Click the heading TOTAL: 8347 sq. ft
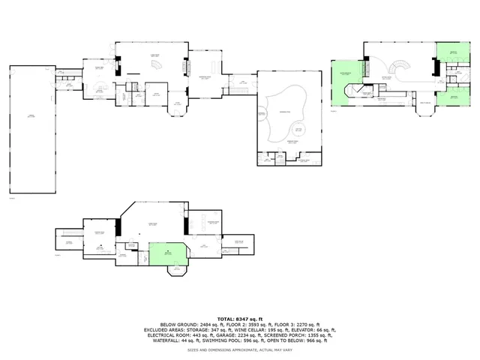(x=240, y=319)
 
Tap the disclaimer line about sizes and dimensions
(x=240, y=349)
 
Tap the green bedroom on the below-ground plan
(x=166, y=253)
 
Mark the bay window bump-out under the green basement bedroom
(x=177, y=271)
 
